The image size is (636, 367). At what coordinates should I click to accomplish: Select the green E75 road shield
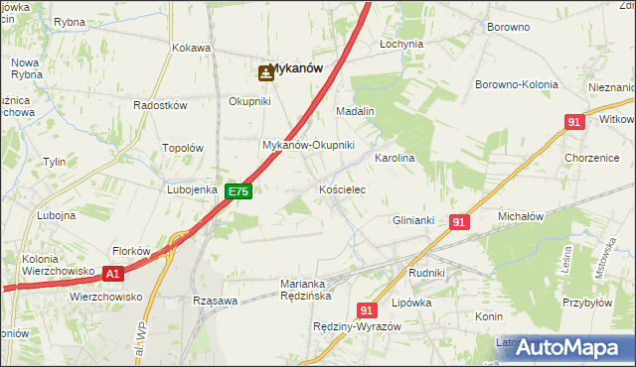[x=238, y=191]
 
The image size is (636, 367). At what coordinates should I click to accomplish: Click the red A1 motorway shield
[x=113, y=273]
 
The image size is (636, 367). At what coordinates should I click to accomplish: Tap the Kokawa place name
[x=191, y=48]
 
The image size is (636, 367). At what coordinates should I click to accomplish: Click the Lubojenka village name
[x=193, y=189]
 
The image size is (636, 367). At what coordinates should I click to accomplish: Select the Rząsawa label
[x=215, y=301]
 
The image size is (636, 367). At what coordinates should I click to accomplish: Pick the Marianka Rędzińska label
[x=305, y=289]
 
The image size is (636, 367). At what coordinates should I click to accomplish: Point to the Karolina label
[x=394, y=158]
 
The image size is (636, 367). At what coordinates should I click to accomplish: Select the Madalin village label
[x=355, y=111]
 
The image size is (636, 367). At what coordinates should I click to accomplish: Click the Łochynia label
[x=401, y=45]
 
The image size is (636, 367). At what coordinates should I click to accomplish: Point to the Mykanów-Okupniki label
[x=308, y=145]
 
